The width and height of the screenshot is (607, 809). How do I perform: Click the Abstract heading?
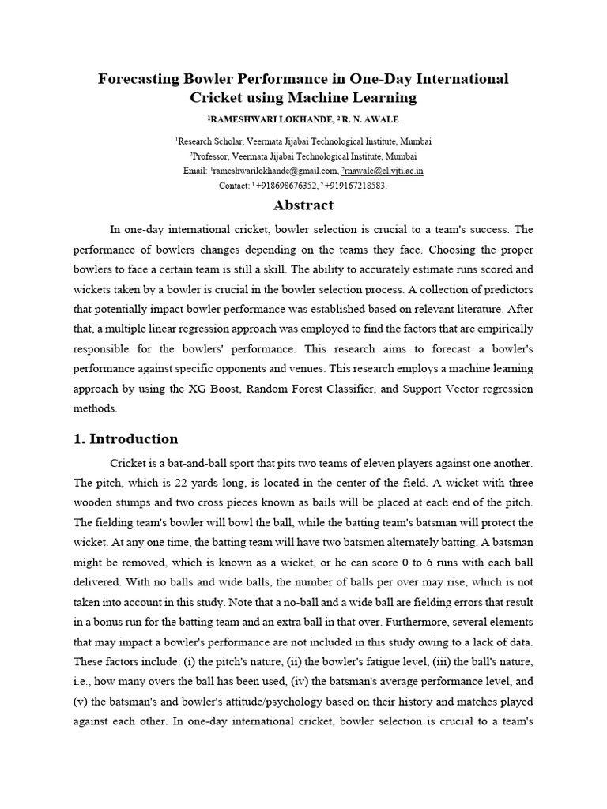[303, 206]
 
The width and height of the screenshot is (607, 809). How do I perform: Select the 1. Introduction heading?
[126, 438]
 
